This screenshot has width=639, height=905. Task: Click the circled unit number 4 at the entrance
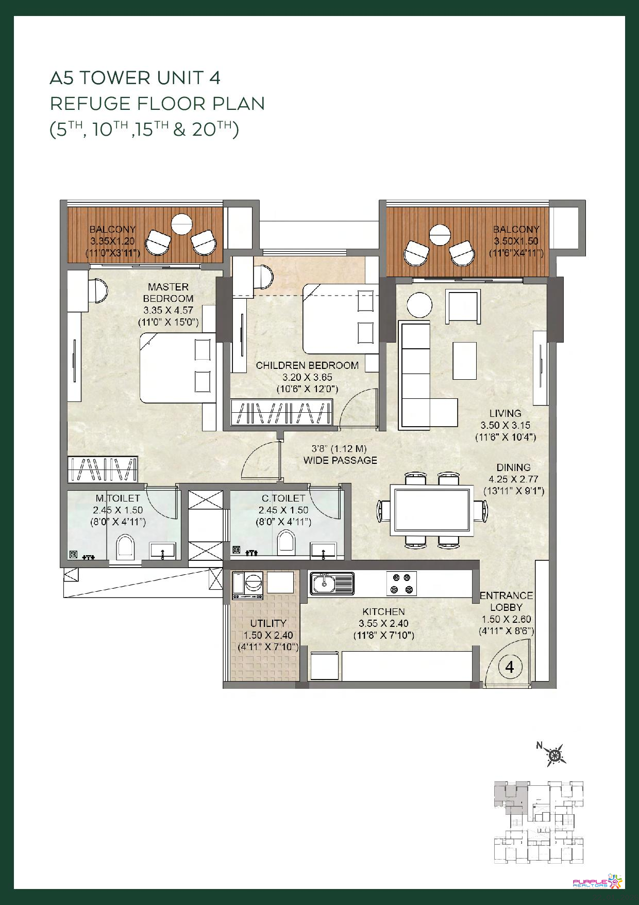(510, 667)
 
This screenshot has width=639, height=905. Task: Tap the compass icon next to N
(555, 755)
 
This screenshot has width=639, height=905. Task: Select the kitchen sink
(332, 584)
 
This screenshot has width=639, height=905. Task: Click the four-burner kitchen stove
(401, 584)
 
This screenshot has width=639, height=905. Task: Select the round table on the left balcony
(181, 224)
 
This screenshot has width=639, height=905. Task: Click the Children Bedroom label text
(307, 365)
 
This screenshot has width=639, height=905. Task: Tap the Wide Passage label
(340, 460)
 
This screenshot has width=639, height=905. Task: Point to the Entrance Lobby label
(506, 601)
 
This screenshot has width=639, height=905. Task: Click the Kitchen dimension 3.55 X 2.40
(384, 623)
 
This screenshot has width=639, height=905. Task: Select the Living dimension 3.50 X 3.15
(506, 425)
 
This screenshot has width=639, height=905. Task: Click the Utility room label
(268, 623)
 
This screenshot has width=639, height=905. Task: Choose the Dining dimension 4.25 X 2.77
(513, 479)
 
